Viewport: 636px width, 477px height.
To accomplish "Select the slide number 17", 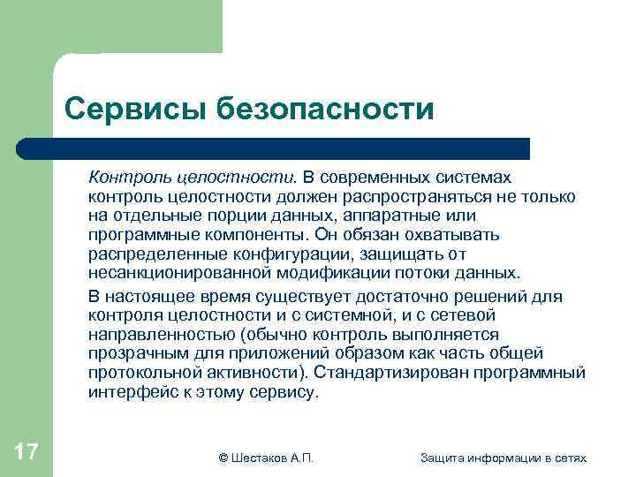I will click(26, 453).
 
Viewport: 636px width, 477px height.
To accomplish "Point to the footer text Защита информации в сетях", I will click(503, 457).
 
